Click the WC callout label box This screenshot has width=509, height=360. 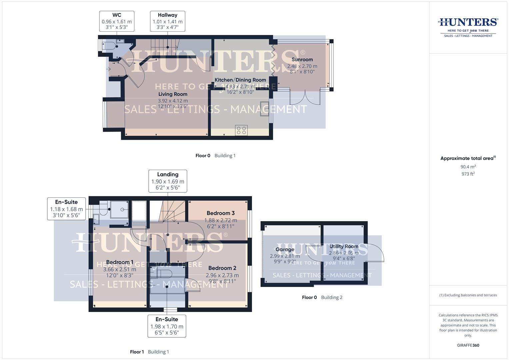coord(117,21)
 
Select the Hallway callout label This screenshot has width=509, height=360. coord(167,21)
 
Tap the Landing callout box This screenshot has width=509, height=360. coord(168,181)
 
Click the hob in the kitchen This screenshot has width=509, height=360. coord(241,130)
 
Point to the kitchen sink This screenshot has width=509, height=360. coord(264,109)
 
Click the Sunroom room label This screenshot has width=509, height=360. coord(302,60)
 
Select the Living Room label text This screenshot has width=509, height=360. coord(173,94)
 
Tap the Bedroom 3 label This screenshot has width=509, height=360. coord(220,213)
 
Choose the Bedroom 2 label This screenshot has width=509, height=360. coord(222,268)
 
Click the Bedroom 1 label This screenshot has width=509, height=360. coord(120,262)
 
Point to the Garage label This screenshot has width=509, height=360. coord(285,250)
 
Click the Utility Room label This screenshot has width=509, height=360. coord(344,247)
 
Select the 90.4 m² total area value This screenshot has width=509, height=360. coord(468,167)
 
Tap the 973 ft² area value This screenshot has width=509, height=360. coord(468,174)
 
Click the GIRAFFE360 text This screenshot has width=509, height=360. coord(468,345)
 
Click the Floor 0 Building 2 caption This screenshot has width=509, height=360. coord(322,297)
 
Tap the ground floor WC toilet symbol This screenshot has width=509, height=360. coord(110,46)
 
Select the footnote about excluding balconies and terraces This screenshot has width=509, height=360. coord(468,295)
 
